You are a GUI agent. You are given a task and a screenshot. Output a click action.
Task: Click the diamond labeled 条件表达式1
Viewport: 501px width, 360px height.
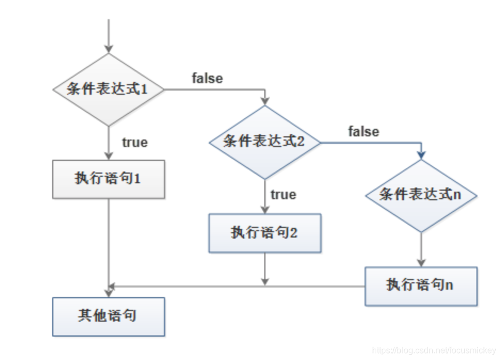coord(108,89)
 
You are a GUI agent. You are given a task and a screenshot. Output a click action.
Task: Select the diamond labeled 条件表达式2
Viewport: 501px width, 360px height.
coord(265,142)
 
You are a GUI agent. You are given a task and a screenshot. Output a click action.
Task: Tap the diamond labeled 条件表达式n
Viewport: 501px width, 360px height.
coord(421,195)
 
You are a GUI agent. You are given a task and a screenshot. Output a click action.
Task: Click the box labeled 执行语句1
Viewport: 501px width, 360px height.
coord(108,179)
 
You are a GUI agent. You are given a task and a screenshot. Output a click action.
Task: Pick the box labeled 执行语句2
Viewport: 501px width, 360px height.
coord(265,233)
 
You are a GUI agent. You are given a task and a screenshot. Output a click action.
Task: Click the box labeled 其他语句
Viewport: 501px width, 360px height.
coord(108,316)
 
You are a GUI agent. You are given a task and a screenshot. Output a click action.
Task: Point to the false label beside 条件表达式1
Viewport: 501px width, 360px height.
coord(207,78)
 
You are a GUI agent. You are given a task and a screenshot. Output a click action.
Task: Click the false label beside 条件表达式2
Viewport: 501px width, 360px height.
coord(364,131)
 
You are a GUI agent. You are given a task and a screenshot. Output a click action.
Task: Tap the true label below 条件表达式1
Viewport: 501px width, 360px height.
coord(135,142)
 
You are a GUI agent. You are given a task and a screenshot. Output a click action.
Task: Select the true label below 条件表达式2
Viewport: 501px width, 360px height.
coord(283,195)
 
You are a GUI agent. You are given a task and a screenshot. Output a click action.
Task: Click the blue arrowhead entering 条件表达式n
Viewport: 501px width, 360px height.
coord(421,154)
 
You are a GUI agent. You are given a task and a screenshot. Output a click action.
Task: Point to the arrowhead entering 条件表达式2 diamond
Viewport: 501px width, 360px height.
coord(265,101)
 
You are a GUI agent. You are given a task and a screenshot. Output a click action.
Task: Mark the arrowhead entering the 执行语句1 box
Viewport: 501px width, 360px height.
coord(108,156)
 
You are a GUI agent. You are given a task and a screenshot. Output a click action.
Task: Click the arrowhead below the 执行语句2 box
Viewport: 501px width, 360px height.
coord(265,281)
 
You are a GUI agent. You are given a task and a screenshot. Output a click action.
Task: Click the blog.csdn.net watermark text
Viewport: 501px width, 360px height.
coord(434,350)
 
